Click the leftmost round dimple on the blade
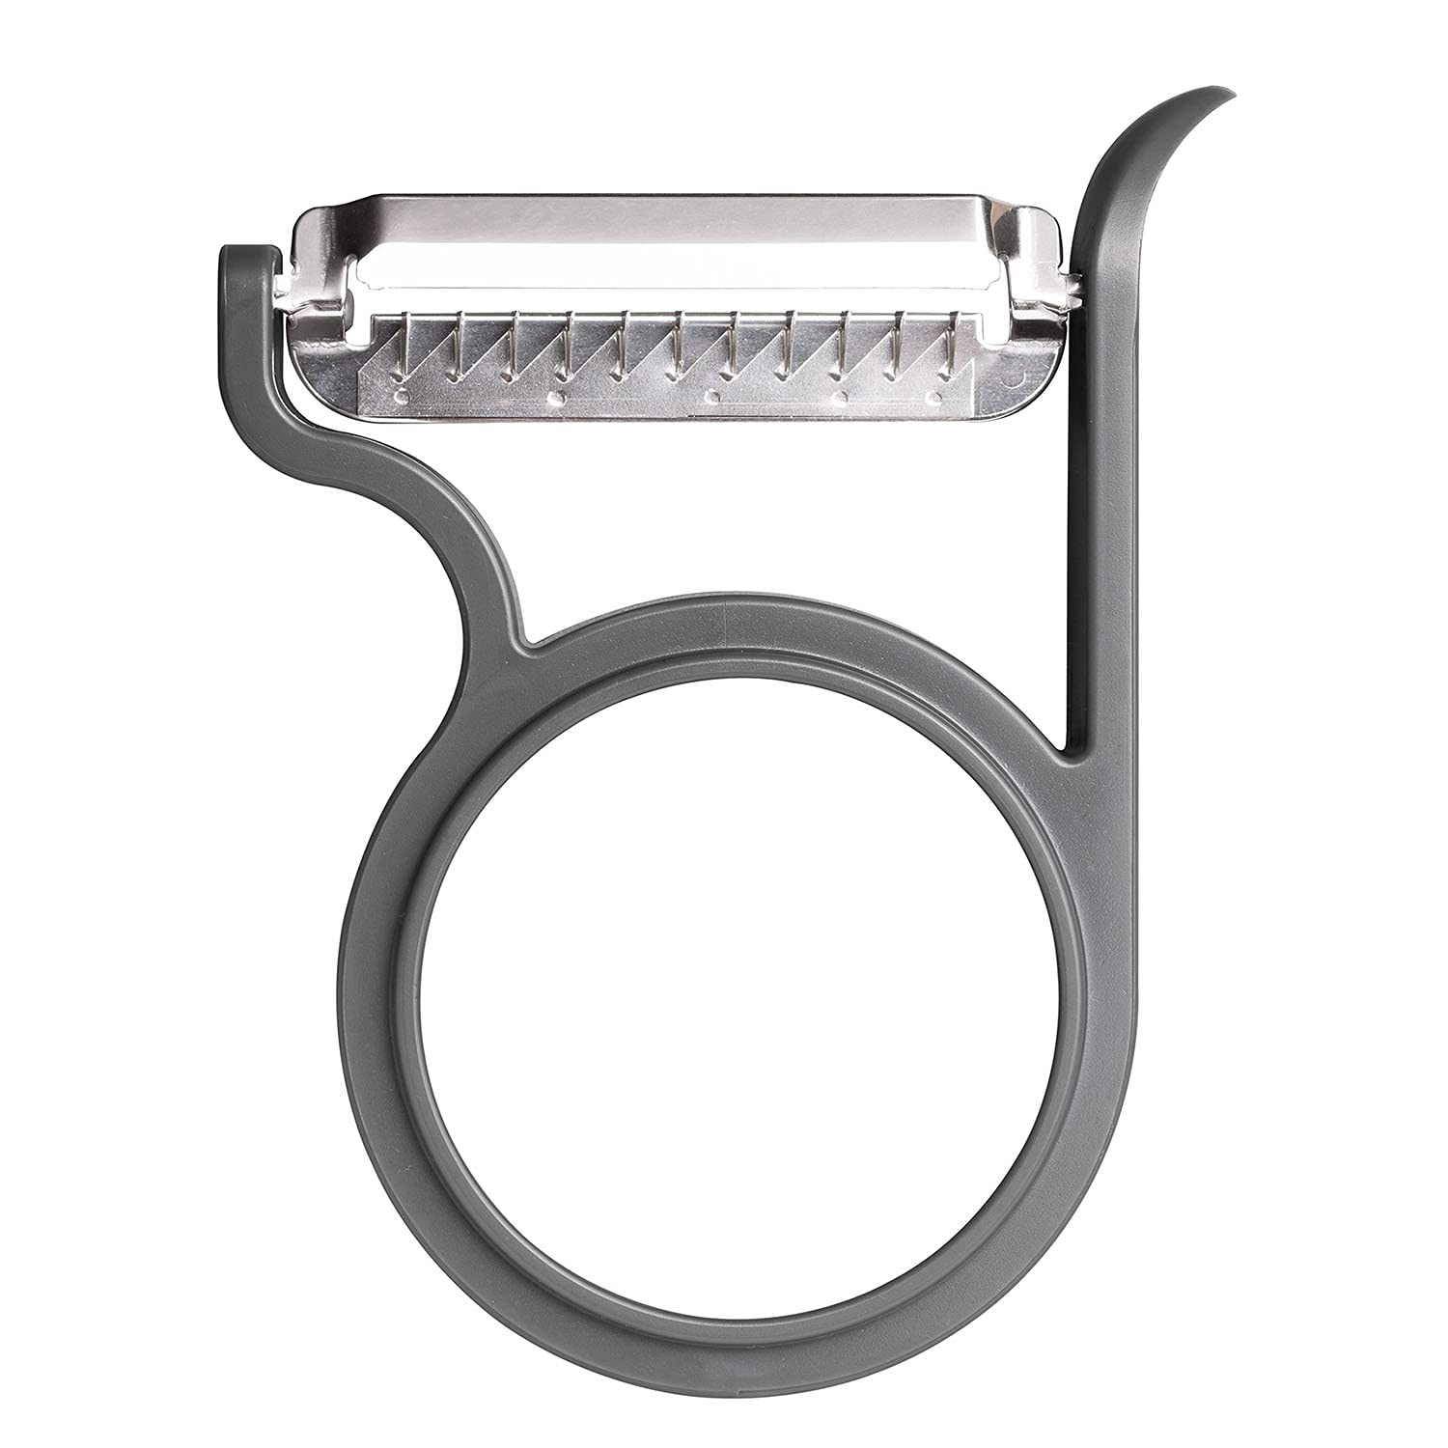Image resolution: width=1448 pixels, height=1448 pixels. tap(403, 396)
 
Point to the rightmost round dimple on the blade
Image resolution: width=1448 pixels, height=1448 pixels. tap(933, 396)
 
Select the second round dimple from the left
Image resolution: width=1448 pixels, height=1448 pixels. tap(555, 396)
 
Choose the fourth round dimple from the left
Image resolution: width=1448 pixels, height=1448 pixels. tap(840, 396)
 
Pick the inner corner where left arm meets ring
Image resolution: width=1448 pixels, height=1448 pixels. tap(525, 639)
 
